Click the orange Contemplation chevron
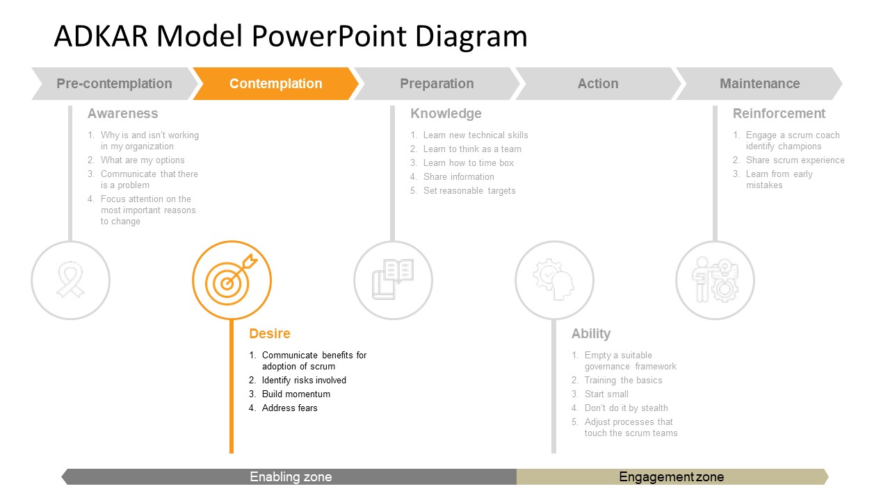pos(276,84)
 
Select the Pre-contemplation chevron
pos(114,84)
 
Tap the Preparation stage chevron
pos(437,84)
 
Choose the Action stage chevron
pos(598,84)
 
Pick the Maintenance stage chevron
pos(759,84)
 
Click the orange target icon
pos(232,281)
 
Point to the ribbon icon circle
pos(70,281)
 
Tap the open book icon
pos(393,281)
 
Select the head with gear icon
pos(554,281)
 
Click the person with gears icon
pos(715,281)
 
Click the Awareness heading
pos(122,114)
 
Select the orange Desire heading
pos(270,334)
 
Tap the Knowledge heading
pos(446,114)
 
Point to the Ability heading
pos(591,334)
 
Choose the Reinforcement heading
pos(779,114)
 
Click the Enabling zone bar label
pos(291,477)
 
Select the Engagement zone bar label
pos(671,477)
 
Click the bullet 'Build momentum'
pos(296,394)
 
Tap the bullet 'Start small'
pos(606,394)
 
